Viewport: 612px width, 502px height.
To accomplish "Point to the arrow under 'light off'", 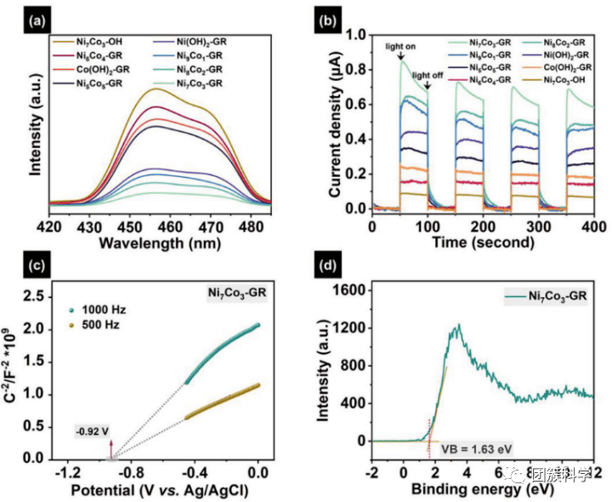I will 426,88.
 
